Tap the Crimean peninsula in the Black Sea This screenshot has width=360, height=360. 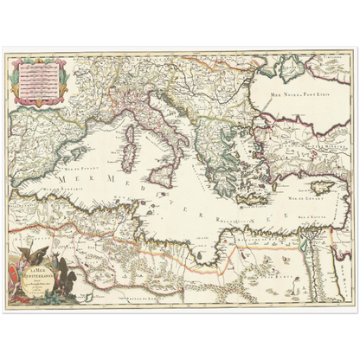(x=292, y=71)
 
